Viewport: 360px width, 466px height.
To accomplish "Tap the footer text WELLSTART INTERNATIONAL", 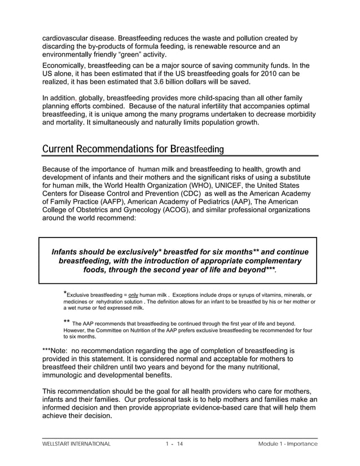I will [x=76, y=444].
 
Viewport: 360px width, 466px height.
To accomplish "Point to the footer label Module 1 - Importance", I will [x=288, y=444].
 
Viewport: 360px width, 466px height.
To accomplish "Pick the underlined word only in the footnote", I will [x=134, y=295].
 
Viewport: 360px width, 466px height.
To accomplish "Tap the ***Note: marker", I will [x=56, y=350].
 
